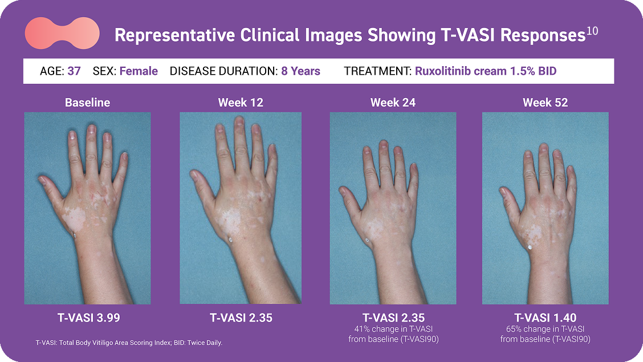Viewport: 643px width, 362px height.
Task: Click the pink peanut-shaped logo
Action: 62,33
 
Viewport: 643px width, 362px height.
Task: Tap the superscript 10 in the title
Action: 592,31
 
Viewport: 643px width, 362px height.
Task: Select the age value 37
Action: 74,71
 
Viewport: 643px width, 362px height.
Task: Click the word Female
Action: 139,71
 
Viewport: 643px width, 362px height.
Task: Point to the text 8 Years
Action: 300,71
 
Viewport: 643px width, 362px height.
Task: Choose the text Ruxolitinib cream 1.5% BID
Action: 486,71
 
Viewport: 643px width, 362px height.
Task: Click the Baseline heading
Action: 87,103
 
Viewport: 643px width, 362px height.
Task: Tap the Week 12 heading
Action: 241,103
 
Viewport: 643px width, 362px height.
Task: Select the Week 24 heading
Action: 393,103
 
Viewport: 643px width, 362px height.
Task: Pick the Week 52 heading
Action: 546,103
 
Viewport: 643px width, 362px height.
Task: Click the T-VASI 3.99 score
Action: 88,318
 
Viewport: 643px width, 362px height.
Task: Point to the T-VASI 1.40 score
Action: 546,318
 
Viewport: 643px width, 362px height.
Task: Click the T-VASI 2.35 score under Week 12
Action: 241,318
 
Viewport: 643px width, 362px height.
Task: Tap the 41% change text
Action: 393,334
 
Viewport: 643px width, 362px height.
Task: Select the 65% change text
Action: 546,334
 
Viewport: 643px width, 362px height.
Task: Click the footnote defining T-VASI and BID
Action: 129,343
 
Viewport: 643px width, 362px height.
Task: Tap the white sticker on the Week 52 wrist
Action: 530,247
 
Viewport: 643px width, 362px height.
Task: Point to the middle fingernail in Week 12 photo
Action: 239,121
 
